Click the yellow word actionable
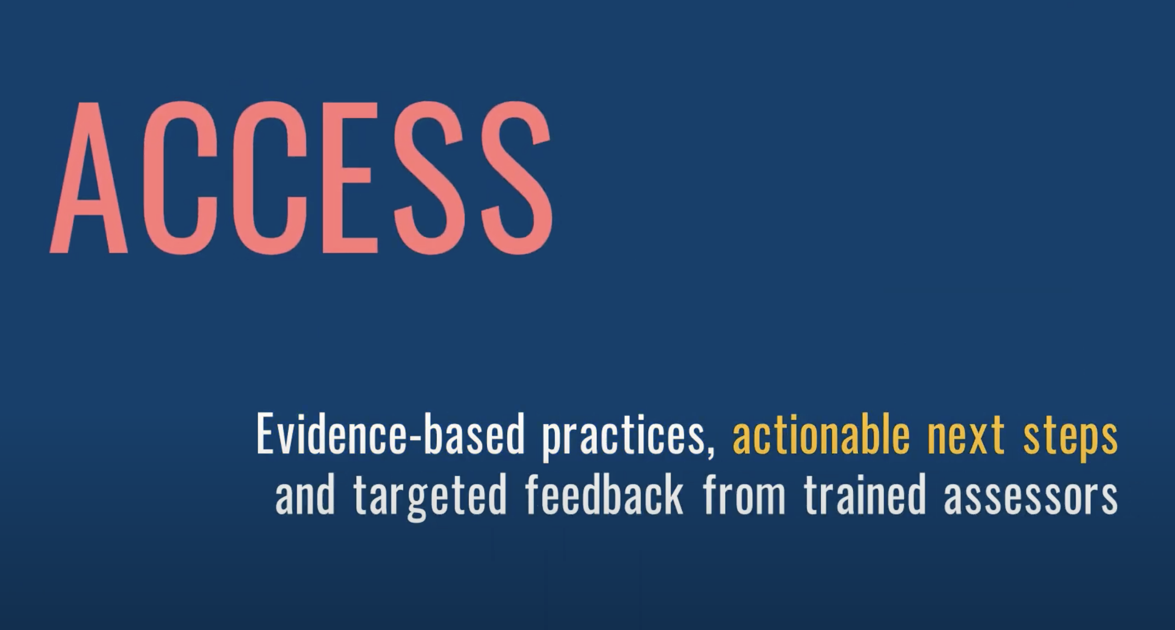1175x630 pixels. pyautogui.click(x=821, y=435)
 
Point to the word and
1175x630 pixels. pyautogui.click(x=305, y=494)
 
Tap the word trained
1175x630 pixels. pyautogui.click(x=865, y=494)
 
